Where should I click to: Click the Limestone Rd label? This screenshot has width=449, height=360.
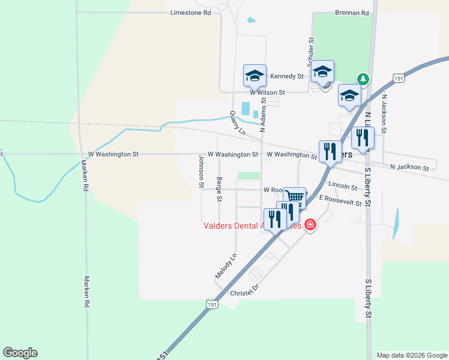click(x=191, y=12)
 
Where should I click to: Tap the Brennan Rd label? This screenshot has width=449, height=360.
click(x=352, y=12)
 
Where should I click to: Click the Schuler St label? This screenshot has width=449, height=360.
click(x=311, y=53)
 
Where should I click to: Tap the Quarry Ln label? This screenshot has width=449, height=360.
click(x=238, y=123)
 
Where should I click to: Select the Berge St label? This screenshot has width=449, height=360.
click(x=219, y=189)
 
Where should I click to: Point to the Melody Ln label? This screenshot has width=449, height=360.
click(x=226, y=265)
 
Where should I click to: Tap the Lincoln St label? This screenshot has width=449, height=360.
click(x=342, y=186)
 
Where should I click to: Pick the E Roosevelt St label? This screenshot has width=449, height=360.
click(x=340, y=201)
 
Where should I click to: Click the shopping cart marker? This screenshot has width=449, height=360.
click(x=294, y=196)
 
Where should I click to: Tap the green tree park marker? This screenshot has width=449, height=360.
click(x=363, y=79)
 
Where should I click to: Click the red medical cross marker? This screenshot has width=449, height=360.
click(x=310, y=226)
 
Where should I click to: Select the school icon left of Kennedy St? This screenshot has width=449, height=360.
click(x=255, y=75)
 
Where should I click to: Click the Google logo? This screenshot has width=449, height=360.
click(x=20, y=353)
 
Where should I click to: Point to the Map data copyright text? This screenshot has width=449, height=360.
click(x=412, y=355)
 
